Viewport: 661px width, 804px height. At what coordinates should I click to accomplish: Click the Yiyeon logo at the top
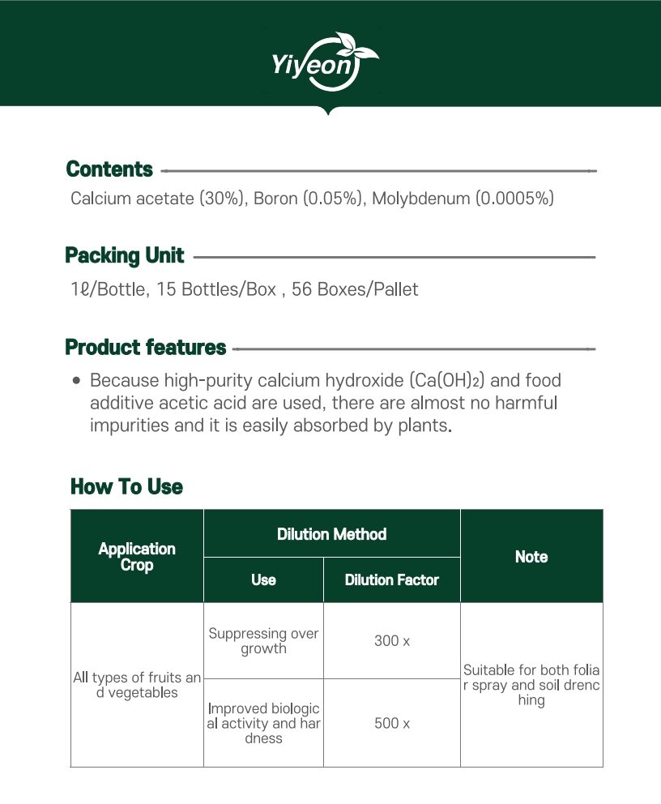tap(326, 60)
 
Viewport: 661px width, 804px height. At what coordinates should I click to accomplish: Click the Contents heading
tap(109, 169)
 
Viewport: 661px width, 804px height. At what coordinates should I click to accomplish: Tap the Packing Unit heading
tap(125, 256)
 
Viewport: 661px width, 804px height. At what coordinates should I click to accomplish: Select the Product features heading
tap(145, 348)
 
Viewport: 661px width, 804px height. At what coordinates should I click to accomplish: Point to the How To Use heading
tap(126, 486)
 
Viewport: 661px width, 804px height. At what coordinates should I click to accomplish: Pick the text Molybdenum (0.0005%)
tap(463, 198)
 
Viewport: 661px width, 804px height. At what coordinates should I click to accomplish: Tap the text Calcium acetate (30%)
tap(158, 198)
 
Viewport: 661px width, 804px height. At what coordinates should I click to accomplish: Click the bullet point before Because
tap(76, 380)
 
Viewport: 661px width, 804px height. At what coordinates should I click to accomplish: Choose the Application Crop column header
tap(137, 557)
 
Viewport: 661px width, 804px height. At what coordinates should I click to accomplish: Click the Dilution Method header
tap(331, 534)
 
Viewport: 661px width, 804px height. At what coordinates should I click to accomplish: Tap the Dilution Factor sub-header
tap(391, 580)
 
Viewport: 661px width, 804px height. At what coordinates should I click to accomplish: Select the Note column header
tap(531, 557)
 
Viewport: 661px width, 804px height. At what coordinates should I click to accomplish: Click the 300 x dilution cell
tap(392, 641)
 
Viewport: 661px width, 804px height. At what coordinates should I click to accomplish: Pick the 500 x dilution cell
tap(392, 723)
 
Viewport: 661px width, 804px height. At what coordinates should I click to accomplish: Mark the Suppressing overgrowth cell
tap(263, 641)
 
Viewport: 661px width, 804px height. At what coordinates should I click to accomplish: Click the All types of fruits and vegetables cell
tap(137, 685)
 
